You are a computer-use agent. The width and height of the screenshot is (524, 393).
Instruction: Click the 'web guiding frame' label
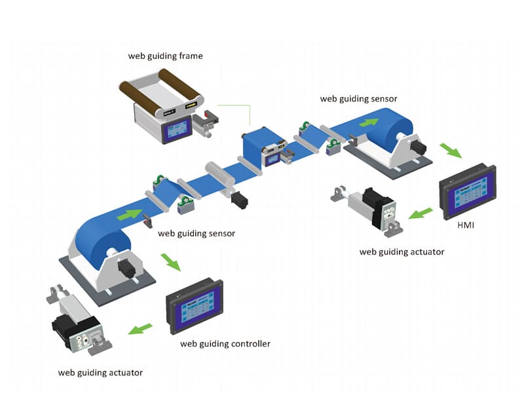pyautogui.click(x=166, y=56)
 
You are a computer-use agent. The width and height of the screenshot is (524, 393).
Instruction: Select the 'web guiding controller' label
pyautogui.click(x=225, y=343)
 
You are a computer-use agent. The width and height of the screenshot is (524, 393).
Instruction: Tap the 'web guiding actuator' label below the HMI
pyautogui.click(x=402, y=252)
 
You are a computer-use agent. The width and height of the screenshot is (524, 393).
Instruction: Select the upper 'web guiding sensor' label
pyautogui.click(x=358, y=99)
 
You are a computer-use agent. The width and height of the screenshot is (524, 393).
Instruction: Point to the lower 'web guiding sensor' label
pyautogui.click(x=196, y=233)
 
